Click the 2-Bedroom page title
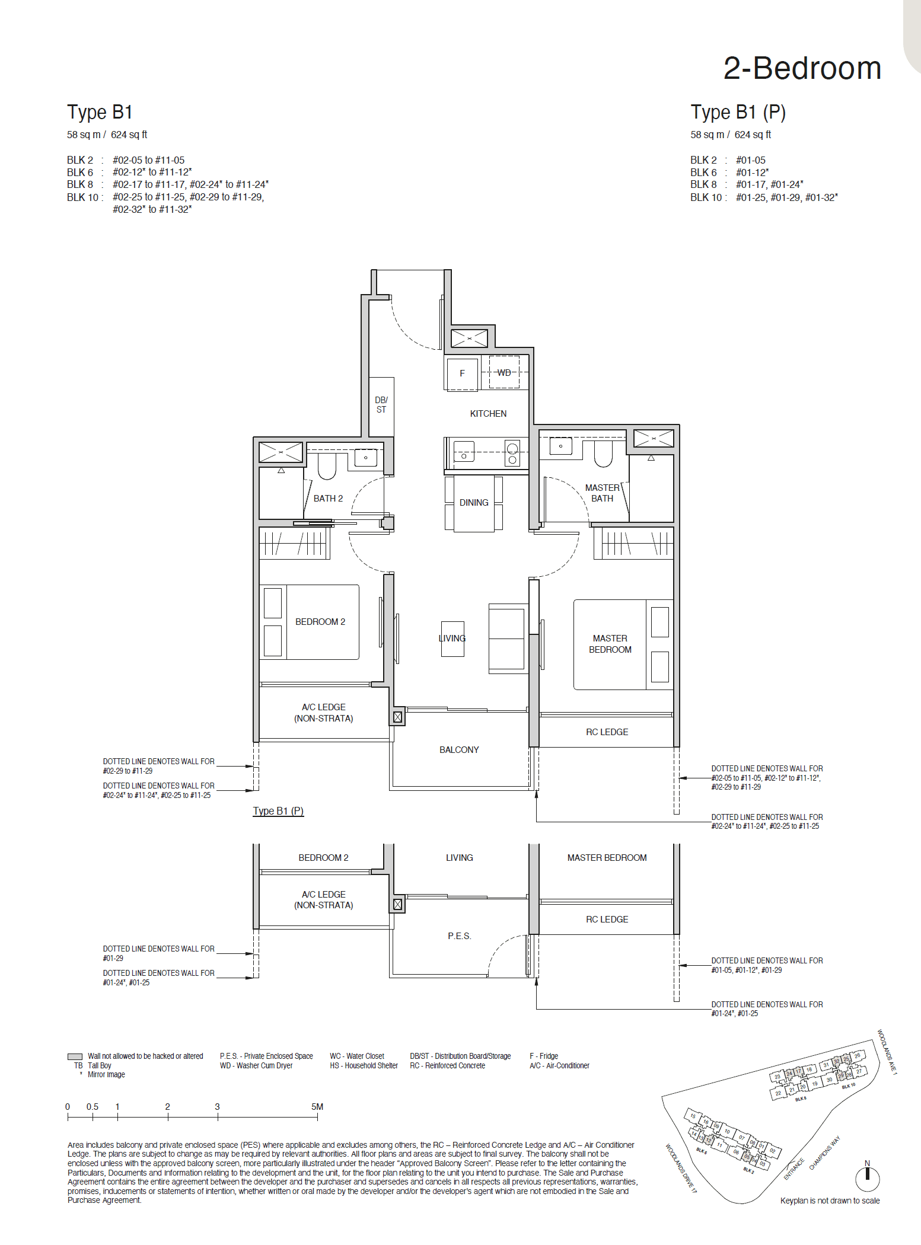(802, 68)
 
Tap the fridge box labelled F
(462, 373)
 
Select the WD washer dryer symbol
(504, 372)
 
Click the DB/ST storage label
(381, 404)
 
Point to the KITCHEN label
(488, 414)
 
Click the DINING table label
(474, 503)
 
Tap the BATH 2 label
(328, 499)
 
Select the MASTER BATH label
(602, 493)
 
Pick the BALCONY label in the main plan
(459, 750)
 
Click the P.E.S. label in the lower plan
(459, 936)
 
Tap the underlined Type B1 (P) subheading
(278, 811)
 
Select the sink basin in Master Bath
(560, 446)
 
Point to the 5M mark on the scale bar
(317, 1107)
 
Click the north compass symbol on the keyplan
(867, 1178)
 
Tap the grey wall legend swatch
(75, 1056)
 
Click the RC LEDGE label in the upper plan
(607, 732)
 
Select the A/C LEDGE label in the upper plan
(323, 713)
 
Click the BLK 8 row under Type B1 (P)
(746, 184)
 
